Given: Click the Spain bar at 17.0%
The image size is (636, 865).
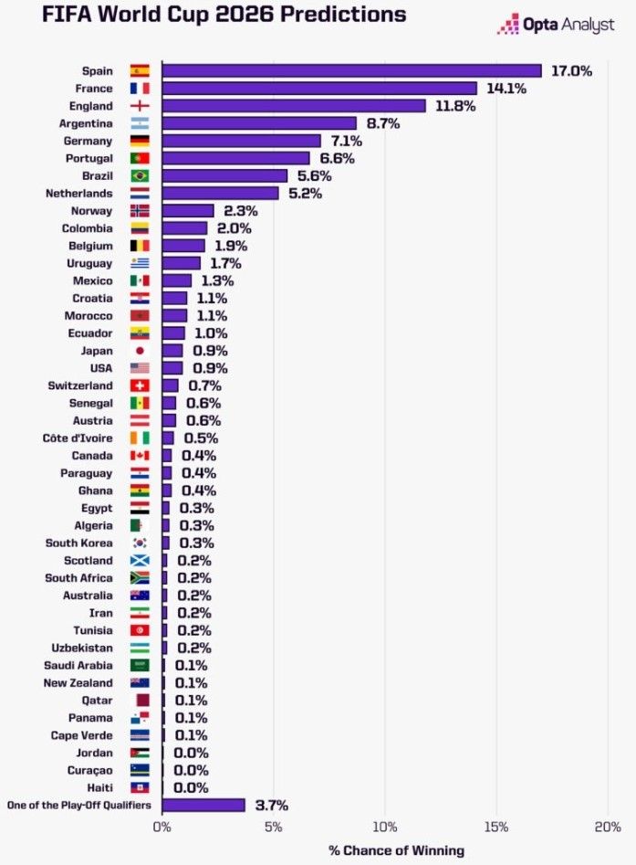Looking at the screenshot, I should (351, 71).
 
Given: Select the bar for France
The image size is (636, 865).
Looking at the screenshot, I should (319, 89).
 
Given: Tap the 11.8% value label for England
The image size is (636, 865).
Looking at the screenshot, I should (455, 106).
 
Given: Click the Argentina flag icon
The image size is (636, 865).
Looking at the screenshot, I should (140, 123).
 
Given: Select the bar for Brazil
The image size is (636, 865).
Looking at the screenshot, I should (224, 175).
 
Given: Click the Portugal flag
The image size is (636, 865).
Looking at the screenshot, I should (140, 158).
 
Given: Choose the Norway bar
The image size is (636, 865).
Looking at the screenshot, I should (188, 210).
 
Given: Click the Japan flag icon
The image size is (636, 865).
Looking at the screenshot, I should (140, 351).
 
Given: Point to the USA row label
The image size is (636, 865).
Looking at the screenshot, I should (100, 368).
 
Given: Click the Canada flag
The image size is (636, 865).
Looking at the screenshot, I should (140, 456).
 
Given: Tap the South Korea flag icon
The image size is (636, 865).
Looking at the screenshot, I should (140, 543).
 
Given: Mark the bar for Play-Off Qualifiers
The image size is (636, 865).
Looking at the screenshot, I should (203, 805).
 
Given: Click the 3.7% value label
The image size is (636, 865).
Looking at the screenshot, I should (271, 805).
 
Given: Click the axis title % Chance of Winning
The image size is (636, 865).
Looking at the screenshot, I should (396, 850).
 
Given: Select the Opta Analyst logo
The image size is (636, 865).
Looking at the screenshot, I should (555, 25).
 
